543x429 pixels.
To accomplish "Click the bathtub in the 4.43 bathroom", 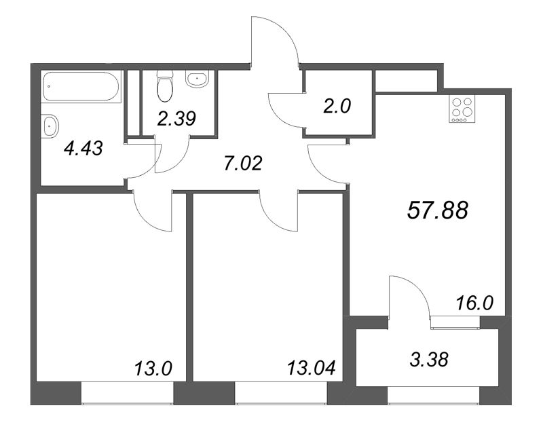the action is pos(81,87).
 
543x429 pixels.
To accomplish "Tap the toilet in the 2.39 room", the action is pos(164,86).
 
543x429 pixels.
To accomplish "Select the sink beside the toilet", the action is pos(198,79).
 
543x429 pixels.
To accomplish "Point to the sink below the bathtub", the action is pos(50,126).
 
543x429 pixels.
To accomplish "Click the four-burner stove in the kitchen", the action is pos(462,109).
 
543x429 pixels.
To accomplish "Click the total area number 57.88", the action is pos(438,210).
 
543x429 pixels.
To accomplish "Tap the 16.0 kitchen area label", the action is pos(474,303).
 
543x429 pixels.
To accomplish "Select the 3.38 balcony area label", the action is pos(429,359).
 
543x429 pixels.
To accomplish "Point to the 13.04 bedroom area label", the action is pos(312,368).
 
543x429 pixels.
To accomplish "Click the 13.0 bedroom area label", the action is pos(153,368).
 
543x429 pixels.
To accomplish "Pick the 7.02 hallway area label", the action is pos(243,164).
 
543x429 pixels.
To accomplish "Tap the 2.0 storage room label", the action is pos(337,106).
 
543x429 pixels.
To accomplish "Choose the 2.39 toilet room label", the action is pos(176,118).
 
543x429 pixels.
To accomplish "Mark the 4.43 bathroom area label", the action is pos(83,149).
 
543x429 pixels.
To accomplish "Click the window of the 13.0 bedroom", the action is pos(127,393).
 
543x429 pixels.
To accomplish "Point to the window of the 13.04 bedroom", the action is pos(281,393).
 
